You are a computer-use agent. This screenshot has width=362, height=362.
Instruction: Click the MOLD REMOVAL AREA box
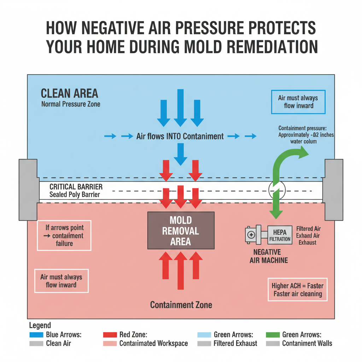[x=181, y=231]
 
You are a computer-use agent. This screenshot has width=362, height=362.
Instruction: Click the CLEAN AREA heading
[x=70, y=94]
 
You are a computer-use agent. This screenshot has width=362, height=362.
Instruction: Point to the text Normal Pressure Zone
[x=71, y=104]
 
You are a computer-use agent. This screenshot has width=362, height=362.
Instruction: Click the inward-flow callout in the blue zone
[x=298, y=102]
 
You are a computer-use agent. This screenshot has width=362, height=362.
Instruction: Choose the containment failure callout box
[x=64, y=235]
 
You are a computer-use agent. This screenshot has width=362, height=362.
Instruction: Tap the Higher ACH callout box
[x=297, y=290]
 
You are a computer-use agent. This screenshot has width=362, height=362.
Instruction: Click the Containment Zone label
[x=181, y=304]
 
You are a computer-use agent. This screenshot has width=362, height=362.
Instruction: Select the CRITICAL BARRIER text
[x=76, y=187]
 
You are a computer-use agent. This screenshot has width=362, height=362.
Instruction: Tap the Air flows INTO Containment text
[x=180, y=136]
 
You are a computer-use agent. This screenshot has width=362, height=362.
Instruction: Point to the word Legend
[x=40, y=325]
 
